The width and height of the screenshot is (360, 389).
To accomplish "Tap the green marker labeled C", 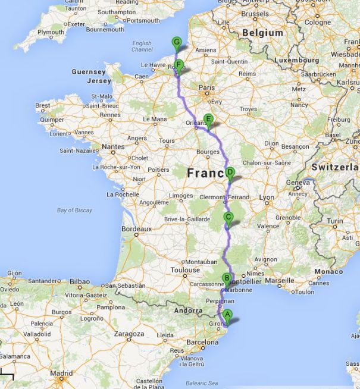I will pos(227,217).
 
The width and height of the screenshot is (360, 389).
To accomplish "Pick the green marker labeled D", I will pos(230,173).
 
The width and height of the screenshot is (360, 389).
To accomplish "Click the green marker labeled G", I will pos(176,42).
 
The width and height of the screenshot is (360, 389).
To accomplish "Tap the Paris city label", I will pos(206,87).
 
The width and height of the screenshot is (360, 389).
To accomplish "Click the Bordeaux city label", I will pos(136,228).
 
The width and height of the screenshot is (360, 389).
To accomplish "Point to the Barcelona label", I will pos(202,343).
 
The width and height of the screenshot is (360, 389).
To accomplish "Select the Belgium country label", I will pos(262,33).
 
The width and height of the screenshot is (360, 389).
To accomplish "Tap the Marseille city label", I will pos(280,280).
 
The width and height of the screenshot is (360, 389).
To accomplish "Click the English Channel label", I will pos(142,46).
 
